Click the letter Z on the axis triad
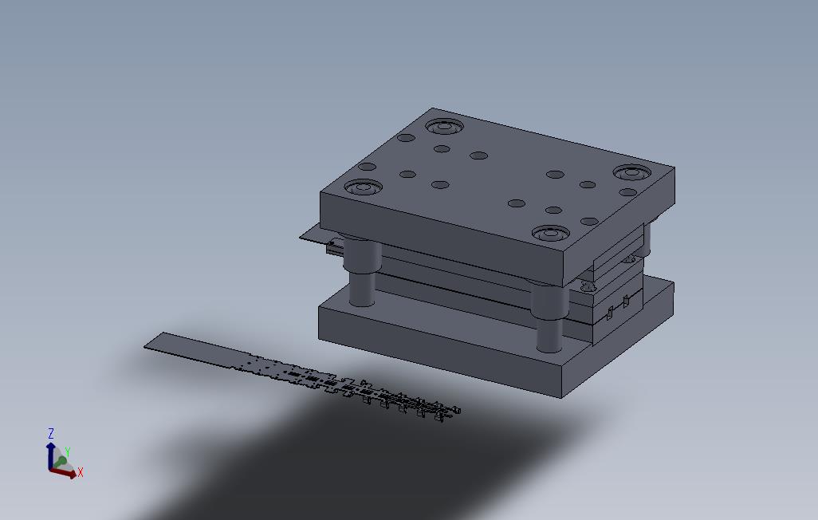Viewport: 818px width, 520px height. coord(51,433)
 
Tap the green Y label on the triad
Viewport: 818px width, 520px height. coord(67,453)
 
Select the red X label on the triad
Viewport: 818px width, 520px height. coord(80,472)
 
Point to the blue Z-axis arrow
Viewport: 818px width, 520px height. coord(50,455)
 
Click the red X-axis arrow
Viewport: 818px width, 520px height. coord(63,473)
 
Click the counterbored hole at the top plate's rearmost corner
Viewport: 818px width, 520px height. coord(444,126)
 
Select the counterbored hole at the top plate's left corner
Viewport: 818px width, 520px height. coord(363,187)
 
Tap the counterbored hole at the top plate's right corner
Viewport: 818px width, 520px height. coord(633,171)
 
